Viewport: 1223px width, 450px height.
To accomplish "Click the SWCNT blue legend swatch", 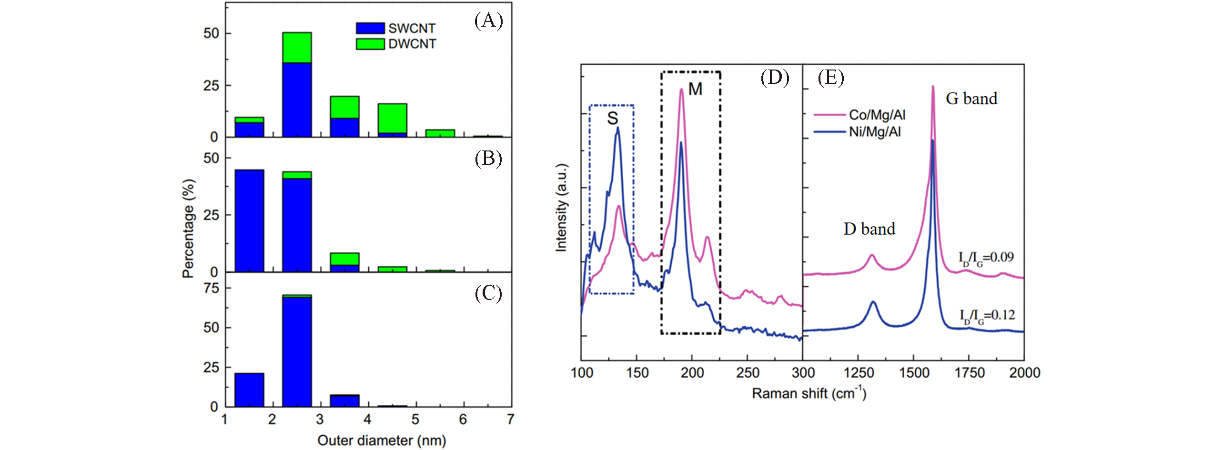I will pyautogui.click(x=370, y=28).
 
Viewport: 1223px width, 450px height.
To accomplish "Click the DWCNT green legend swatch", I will pyautogui.click(x=370, y=44).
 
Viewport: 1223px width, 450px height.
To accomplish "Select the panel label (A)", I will pyautogui.click(x=488, y=21).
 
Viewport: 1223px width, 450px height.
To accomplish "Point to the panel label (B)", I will pyautogui.click(x=488, y=159).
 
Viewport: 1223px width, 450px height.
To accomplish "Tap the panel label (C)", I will pyautogui.click(x=488, y=294).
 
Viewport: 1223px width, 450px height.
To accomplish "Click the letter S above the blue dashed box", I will pyautogui.click(x=612, y=118).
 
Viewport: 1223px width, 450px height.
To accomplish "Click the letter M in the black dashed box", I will pyautogui.click(x=695, y=89).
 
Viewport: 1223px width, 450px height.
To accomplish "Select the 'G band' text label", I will pyautogui.click(x=971, y=99).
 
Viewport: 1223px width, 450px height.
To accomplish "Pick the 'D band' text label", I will pyautogui.click(x=869, y=229).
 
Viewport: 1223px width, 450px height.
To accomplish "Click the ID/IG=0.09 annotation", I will pyautogui.click(x=986, y=258).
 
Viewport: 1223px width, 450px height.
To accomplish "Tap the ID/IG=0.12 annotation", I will pyautogui.click(x=987, y=316).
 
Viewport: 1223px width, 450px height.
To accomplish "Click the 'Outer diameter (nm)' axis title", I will pyautogui.click(x=382, y=440).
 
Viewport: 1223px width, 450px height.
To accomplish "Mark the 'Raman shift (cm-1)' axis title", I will pyautogui.click(x=809, y=393).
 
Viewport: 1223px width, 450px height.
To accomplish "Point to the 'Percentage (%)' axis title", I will pyautogui.click(x=189, y=228).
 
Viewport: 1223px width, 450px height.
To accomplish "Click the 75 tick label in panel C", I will pyautogui.click(x=211, y=288).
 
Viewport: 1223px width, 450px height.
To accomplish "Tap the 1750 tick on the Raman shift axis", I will pyautogui.click(x=969, y=372).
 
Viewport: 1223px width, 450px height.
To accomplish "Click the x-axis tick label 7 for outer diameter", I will pyautogui.click(x=511, y=420).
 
